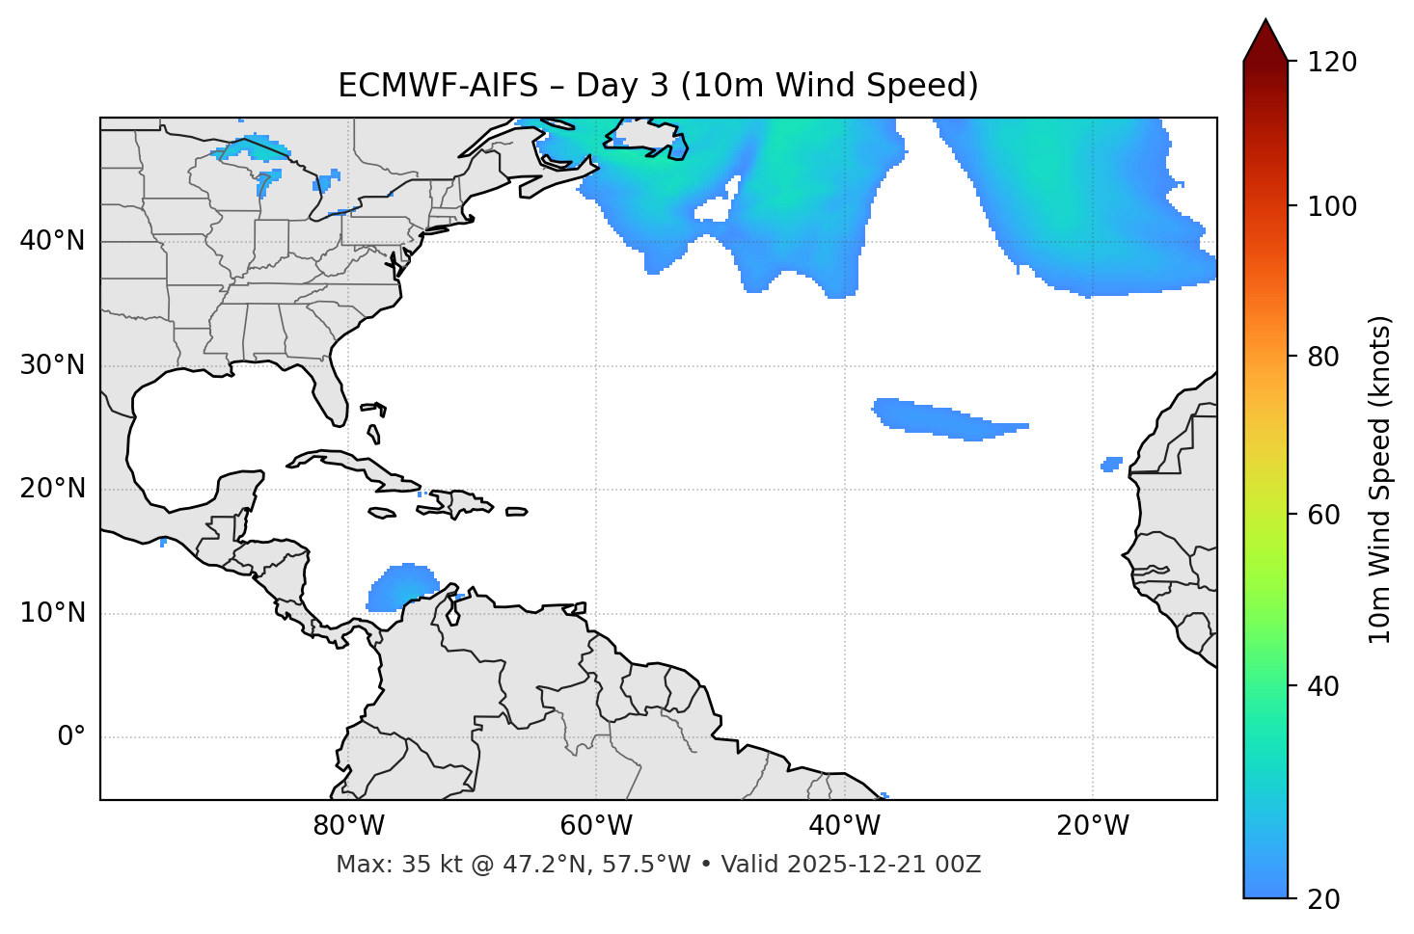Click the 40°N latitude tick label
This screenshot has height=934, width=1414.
pyautogui.click(x=52, y=241)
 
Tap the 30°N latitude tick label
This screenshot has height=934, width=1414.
pyautogui.click(x=52, y=365)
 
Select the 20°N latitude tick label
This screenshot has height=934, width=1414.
pyautogui.click(x=52, y=489)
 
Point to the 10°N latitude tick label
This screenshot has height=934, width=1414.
pyautogui.click(x=52, y=613)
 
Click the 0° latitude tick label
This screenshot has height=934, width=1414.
pyautogui.click(x=71, y=737)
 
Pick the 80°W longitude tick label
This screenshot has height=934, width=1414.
pyautogui.click(x=348, y=826)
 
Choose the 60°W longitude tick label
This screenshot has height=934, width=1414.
pyautogui.click(x=596, y=826)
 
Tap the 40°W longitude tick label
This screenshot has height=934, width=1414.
pyautogui.click(x=845, y=826)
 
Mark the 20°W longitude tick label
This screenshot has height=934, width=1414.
pyautogui.click(x=1093, y=826)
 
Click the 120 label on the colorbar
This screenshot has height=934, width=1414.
pyautogui.click(x=1332, y=63)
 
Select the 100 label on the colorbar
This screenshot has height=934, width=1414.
pyautogui.click(x=1332, y=206)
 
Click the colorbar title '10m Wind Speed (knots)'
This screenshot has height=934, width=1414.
pyautogui.click(x=1380, y=479)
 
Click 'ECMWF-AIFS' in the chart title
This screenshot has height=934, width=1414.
pyautogui.click(x=438, y=86)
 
